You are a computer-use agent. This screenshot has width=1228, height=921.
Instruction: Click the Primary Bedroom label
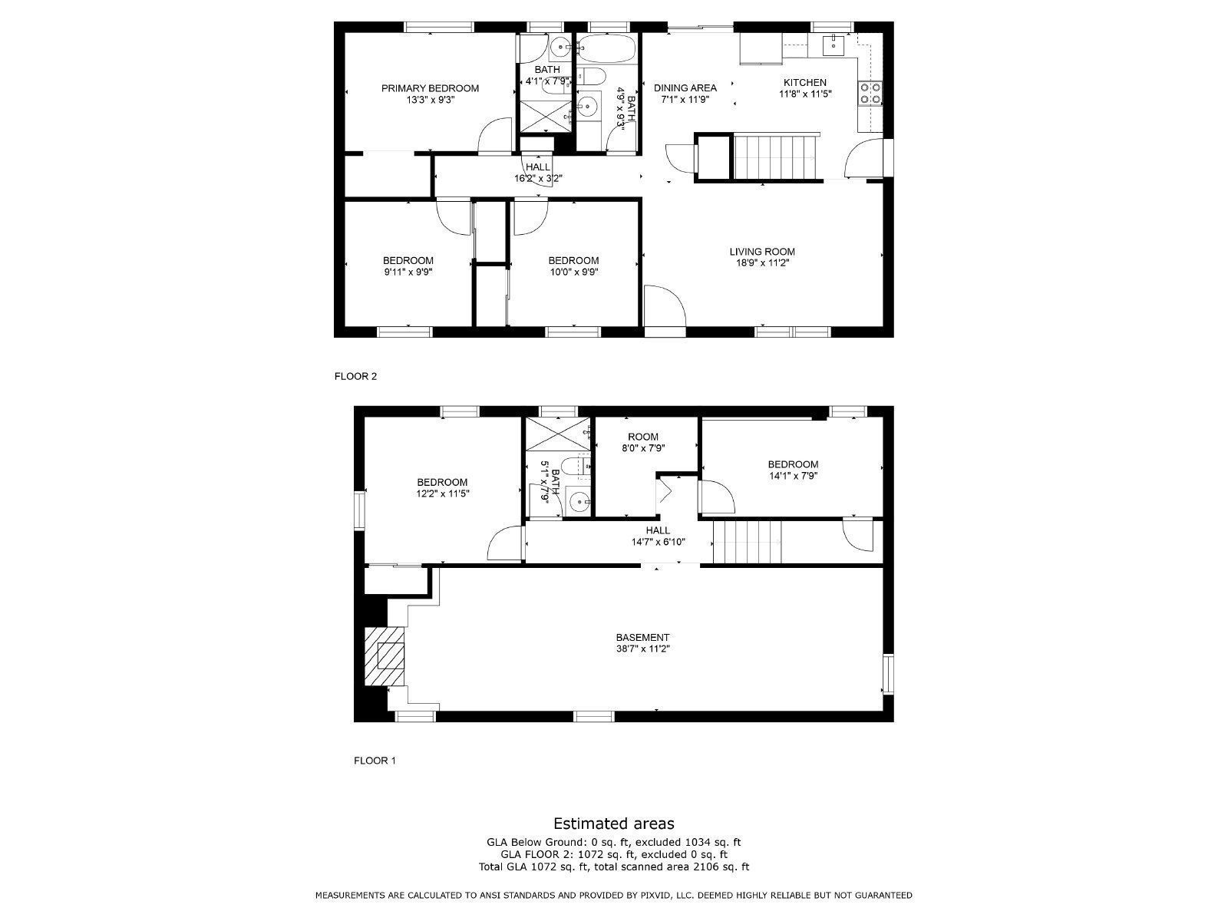[x=430, y=88]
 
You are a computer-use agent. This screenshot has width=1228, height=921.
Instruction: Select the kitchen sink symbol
[x=833, y=45]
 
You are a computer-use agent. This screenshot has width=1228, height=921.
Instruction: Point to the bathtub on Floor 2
[x=606, y=49]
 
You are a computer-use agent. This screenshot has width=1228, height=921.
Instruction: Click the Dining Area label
[x=685, y=87]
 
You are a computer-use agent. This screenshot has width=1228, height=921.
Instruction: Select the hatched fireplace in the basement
[x=383, y=657]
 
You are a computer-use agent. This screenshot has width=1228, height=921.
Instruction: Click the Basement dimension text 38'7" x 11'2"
[x=642, y=649]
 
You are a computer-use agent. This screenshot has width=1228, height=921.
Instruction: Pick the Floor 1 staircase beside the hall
[x=746, y=542]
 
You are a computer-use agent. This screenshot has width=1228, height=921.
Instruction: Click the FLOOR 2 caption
[x=355, y=376]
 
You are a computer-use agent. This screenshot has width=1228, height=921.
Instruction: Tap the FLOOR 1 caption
[x=374, y=761]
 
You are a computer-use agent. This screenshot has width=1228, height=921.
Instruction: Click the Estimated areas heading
[x=613, y=824]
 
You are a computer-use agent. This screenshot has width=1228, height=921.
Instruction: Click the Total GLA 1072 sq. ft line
[x=613, y=867]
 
